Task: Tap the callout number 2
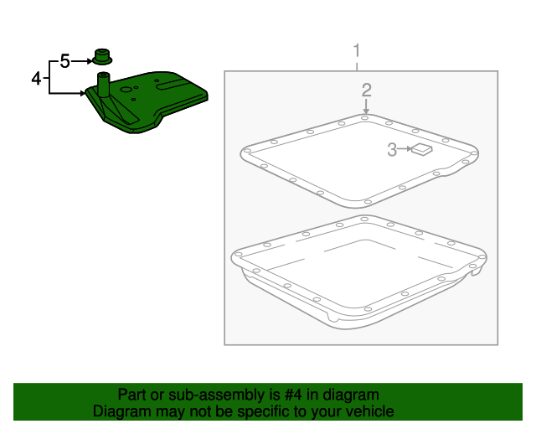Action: pyautogui.click(x=366, y=90)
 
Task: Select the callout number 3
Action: pyautogui.click(x=391, y=150)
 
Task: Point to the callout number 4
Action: pyautogui.click(x=36, y=78)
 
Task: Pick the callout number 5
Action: pyautogui.click(x=64, y=61)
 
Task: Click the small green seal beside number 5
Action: pyautogui.click(x=102, y=59)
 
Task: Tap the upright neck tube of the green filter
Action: pyautogui.click(x=104, y=85)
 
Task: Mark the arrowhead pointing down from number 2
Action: pyautogui.click(x=366, y=111)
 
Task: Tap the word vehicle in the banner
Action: pyautogui.click(x=370, y=411)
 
